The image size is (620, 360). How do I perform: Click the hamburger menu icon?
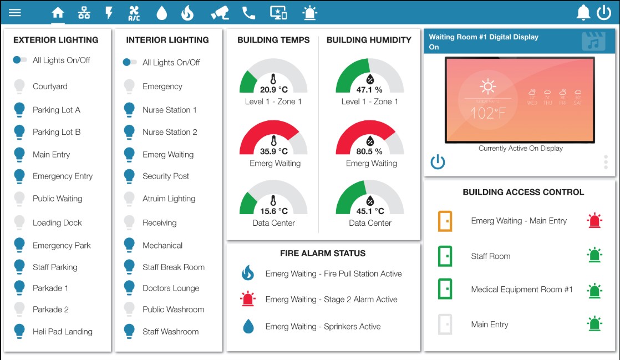(15, 12)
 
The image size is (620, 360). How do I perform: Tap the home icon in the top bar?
(58, 13)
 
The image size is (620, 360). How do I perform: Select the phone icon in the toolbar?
(248, 13)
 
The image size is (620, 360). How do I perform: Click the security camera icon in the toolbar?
(220, 13)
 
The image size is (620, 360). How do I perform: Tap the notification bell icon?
(583, 13)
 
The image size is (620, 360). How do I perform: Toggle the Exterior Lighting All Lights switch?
(20, 60)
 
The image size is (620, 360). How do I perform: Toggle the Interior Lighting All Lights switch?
(130, 62)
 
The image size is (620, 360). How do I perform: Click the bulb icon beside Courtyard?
(19, 87)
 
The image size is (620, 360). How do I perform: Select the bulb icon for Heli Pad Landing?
(19, 331)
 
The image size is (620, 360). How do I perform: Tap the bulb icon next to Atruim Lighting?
(129, 199)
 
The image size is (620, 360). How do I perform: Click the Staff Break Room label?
(173, 267)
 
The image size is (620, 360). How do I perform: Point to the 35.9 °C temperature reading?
(273, 151)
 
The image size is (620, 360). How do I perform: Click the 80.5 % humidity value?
(369, 151)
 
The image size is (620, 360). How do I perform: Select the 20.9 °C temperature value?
(273, 89)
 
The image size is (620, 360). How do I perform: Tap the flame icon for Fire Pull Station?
(247, 273)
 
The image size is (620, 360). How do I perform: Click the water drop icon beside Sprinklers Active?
(248, 327)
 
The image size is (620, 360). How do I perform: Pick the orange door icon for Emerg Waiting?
(445, 221)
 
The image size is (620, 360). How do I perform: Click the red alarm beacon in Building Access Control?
(594, 221)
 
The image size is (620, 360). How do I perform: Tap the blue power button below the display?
(438, 162)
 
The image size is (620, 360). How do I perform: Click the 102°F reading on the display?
(487, 114)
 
